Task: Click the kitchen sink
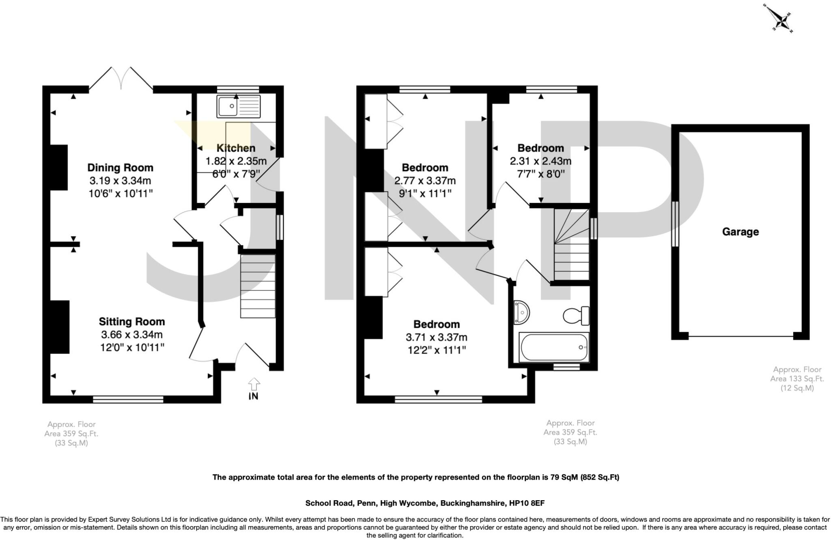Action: [238, 106]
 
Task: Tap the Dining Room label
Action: [120, 168]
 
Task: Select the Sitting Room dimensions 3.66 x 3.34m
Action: [132, 335]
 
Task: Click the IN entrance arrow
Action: [254, 388]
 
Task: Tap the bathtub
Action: [554, 348]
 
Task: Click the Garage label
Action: [740, 232]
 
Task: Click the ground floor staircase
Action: [258, 286]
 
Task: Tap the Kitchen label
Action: [236, 148]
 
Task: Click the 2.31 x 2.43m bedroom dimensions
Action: [540, 161]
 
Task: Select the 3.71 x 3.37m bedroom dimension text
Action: [436, 337]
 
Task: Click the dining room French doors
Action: [121, 78]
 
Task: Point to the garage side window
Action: [675, 224]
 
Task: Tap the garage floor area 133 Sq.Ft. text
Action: [797, 379]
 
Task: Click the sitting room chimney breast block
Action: [60, 327]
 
